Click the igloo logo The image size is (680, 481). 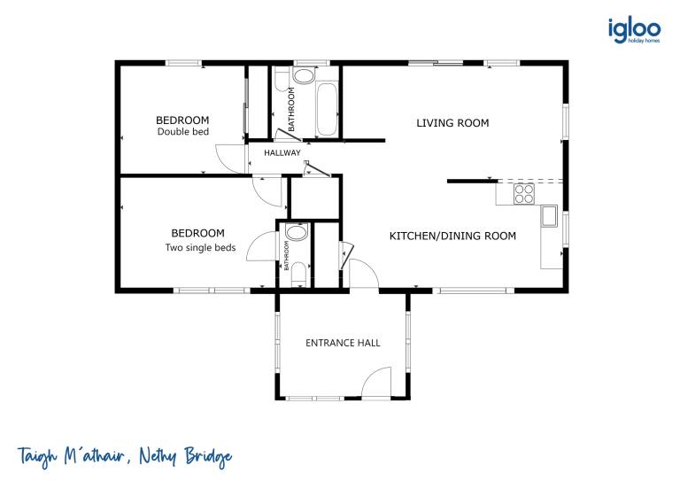point(634,30)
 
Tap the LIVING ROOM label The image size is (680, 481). point(452,123)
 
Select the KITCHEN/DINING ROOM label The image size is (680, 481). point(452,236)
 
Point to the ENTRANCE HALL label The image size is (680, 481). point(343,343)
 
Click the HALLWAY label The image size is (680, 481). point(282,152)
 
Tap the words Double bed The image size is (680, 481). point(183,131)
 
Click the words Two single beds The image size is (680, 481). point(200,248)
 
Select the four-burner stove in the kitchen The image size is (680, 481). point(524,194)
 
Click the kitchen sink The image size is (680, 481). point(549,216)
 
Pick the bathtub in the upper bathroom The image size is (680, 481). point(327,109)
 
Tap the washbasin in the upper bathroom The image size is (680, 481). point(304,75)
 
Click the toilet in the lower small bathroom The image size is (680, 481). point(298,274)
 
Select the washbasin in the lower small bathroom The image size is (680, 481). point(297,232)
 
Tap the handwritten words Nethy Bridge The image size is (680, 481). point(185,456)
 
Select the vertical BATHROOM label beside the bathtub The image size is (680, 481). point(291,109)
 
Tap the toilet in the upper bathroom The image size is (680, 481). point(282,79)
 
